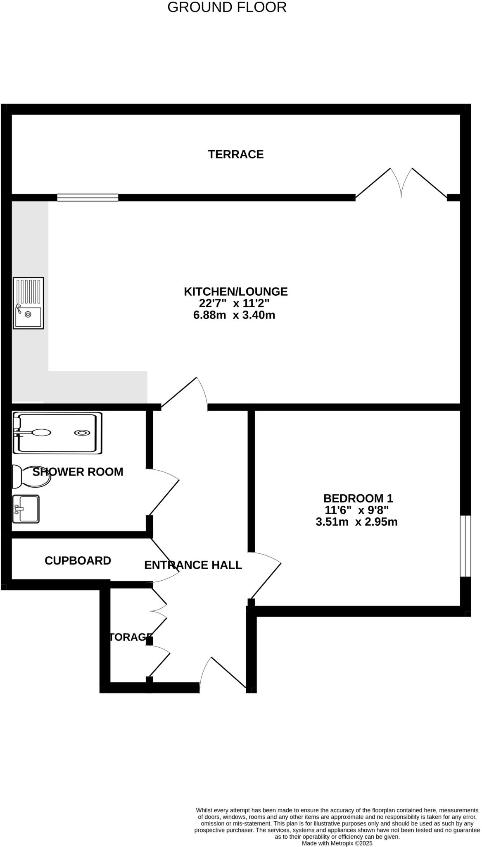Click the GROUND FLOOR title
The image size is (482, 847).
(227, 7)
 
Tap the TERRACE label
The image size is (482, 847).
(235, 154)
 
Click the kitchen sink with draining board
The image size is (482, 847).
(28, 303)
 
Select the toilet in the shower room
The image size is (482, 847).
(31, 476)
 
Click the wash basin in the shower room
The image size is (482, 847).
(26, 509)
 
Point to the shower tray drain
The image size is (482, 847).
(82, 433)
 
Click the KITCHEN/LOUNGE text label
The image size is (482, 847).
(235, 292)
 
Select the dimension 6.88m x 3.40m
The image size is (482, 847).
(234, 315)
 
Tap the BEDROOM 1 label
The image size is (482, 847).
(358, 498)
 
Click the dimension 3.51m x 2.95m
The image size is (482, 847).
(356, 522)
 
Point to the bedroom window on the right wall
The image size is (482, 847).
(465, 546)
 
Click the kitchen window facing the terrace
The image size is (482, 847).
(88, 198)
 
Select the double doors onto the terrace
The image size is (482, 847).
(401, 184)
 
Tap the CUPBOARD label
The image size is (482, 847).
(78, 561)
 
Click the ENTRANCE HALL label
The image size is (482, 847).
(193, 565)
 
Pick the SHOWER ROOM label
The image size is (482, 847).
(78, 472)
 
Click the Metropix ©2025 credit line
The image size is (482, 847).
(337, 843)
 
